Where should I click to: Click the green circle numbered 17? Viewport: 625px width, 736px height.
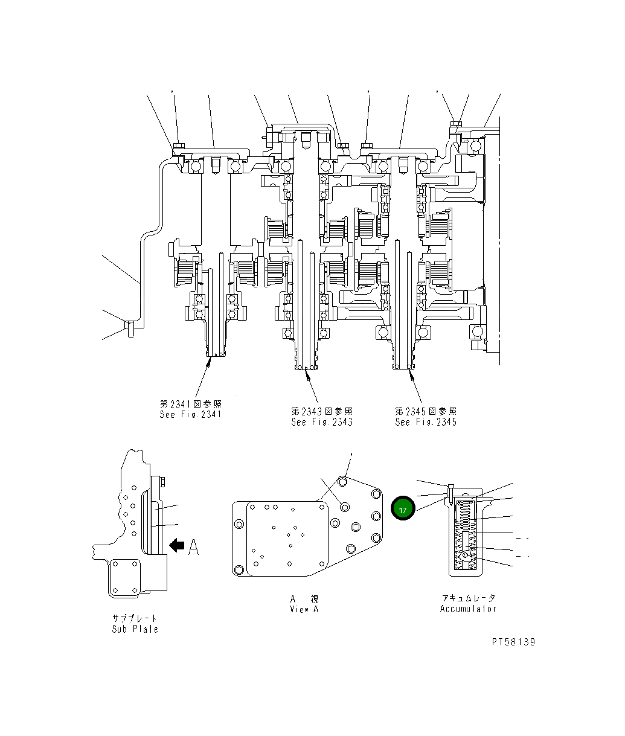(403, 509)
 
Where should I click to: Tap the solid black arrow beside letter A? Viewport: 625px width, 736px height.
(177, 546)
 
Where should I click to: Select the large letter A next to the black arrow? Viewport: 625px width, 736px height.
(193, 547)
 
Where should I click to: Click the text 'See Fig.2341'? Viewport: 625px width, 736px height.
(190, 414)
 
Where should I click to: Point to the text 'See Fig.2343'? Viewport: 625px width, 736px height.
(321, 422)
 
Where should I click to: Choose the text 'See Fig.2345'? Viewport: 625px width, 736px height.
(426, 422)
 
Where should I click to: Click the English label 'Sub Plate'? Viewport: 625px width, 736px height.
(135, 629)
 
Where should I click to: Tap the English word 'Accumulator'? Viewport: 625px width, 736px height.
(468, 609)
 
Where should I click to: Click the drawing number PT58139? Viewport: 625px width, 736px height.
(513, 642)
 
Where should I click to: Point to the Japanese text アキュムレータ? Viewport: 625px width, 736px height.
(468, 598)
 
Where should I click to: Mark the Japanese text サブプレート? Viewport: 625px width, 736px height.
(135, 618)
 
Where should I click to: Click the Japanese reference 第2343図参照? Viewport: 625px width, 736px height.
(321, 411)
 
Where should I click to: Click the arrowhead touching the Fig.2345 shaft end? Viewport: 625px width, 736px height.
(411, 374)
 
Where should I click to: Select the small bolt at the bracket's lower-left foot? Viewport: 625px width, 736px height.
(128, 327)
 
